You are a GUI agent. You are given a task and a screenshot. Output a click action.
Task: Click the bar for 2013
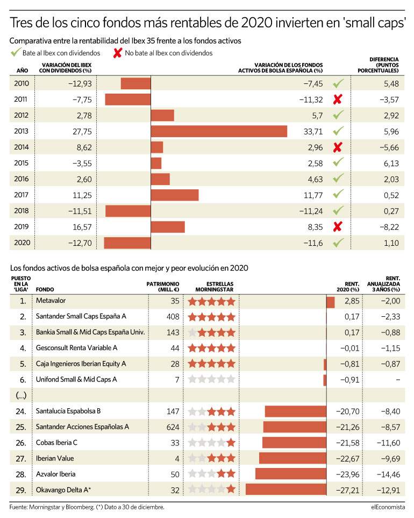click(x=219, y=131)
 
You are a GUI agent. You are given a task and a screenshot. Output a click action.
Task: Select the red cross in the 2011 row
click(x=338, y=100)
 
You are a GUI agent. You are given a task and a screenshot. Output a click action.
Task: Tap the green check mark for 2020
click(x=338, y=243)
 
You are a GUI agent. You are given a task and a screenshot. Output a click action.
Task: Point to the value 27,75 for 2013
click(x=82, y=131)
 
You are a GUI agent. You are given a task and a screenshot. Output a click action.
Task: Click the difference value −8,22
click(x=389, y=227)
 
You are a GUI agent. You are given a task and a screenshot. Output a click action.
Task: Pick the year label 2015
click(x=22, y=163)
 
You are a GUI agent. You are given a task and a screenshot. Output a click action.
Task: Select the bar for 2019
click(x=168, y=227)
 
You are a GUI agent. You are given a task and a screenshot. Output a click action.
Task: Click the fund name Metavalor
click(x=51, y=301)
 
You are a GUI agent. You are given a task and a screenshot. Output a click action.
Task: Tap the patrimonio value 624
click(x=173, y=427)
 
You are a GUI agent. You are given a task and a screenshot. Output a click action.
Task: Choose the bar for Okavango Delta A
click(x=286, y=489)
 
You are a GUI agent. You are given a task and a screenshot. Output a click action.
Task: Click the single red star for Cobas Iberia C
click(x=231, y=443)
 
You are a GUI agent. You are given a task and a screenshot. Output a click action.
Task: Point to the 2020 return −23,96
click(x=348, y=474)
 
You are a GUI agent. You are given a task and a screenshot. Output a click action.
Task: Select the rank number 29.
click(x=21, y=490)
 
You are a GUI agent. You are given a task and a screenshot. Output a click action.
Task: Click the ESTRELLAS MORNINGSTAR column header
click(x=215, y=287)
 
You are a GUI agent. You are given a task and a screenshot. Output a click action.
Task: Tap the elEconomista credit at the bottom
click(x=388, y=507)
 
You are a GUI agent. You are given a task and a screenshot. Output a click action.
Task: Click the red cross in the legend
click(x=118, y=53)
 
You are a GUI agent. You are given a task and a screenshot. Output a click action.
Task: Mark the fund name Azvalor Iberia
click(x=56, y=474)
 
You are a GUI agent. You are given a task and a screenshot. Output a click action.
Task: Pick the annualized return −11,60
click(x=389, y=443)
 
